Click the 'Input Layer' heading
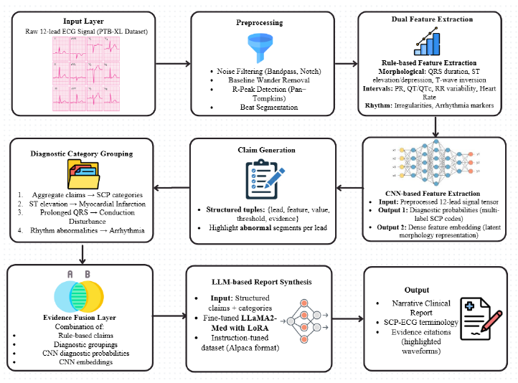83,22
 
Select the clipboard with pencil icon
260,179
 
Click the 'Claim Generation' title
259,150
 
